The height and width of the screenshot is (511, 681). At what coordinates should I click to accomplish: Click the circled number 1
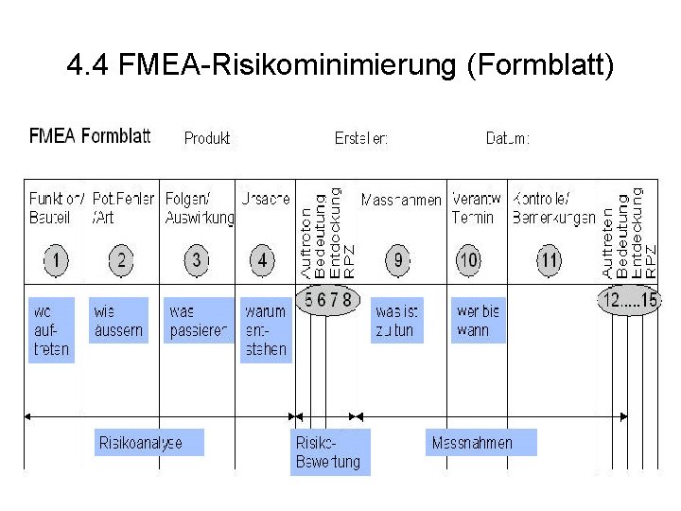pyautogui.click(x=57, y=259)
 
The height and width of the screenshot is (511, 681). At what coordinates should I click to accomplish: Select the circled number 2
pyautogui.click(x=122, y=259)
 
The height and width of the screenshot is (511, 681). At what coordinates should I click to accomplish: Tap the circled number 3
pyautogui.click(x=196, y=259)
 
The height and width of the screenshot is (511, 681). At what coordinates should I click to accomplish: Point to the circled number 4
pyautogui.click(x=263, y=259)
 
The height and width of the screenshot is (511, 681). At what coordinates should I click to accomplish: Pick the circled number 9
pyautogui.click(x=399, y=259)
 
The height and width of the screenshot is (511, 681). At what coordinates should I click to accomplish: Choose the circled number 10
pyautogui.click(x=468, y=259)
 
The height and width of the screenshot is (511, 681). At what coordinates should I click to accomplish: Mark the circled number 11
pyautogui.click(x=549, y=259)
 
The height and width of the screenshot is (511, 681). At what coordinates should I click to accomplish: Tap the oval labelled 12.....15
pyautogui.click(x=629, y=301)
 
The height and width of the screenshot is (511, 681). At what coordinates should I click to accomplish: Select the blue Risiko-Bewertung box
pyautogui.click(x=329, y=452)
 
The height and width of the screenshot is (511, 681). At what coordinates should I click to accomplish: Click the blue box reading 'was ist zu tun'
pyautogui.click(x=396, y=321)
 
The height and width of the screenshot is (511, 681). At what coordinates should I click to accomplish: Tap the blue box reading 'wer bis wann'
pyautogui.click(x=478, y=321)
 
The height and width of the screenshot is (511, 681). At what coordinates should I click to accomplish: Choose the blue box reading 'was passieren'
pyautogui.click(x=199, y=321)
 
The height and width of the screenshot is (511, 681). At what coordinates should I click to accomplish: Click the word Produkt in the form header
pyautogui.click(x=207, y=138)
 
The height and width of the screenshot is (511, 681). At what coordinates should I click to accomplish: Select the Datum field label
pyautogui.click(x=508, y=138)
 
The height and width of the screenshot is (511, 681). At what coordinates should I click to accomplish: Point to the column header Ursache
pyautogui.click(x=266, y=200)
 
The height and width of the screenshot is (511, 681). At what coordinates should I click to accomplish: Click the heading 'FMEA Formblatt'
pyautogui.click(x=90, y=136)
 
